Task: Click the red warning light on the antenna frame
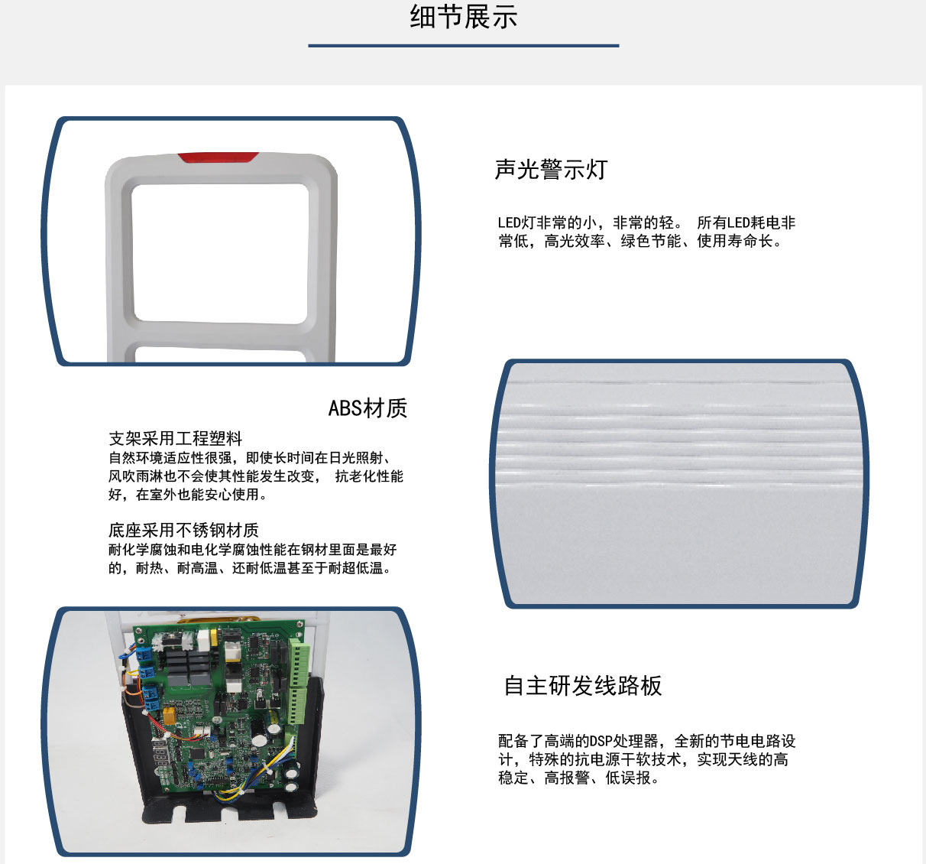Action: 219,158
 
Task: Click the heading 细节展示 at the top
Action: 463,17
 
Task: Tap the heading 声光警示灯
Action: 551,170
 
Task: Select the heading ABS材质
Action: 367,408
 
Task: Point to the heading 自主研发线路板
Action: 582,685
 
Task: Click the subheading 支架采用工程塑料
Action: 175,438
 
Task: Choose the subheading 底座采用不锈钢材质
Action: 183,530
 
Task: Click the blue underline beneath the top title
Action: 463,46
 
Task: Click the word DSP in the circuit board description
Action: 600,741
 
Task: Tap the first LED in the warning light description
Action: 509,222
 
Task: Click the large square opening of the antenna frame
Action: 220,252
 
